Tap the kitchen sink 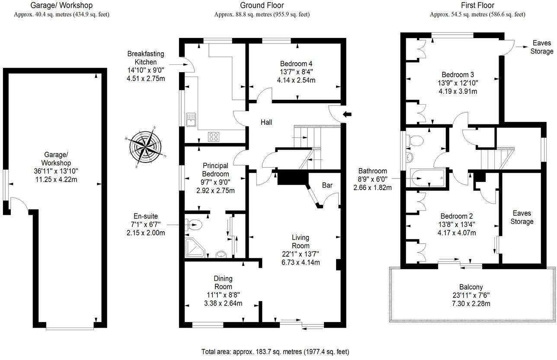(190, 119)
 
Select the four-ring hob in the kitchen (214, 136)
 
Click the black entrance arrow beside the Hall (347, 114)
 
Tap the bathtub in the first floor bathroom (427, 178)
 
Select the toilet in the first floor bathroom (416, 140)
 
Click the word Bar (327, 185)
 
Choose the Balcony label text (471, 287)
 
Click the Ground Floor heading (262, 6)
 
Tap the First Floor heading (477, 6)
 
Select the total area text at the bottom (275, 352)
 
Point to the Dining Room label (223, 283)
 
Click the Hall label (266, 123)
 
